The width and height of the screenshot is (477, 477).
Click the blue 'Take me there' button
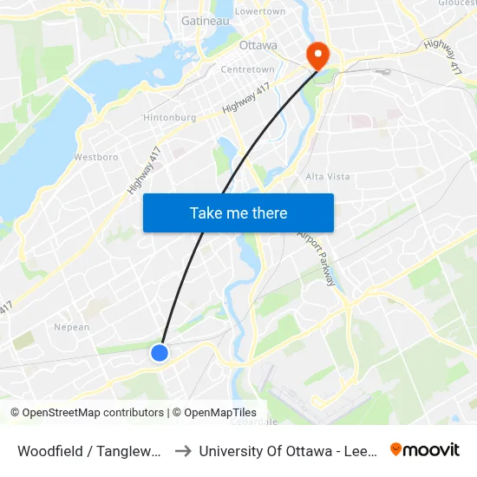coord(238,212)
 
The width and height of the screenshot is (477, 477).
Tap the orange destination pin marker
coord(318,56)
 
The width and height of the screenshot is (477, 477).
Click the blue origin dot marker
coord(160,352)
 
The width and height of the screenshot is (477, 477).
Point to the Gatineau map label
coord(205,20)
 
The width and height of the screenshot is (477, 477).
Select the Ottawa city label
coord(258,45)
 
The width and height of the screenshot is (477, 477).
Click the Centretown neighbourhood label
coord(248,69)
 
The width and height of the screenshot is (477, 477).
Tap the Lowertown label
coord(260,11)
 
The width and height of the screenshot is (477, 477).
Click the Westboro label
coord(95,157)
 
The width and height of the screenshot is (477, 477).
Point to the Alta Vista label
coord(328,176)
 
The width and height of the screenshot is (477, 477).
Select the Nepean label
coord(72,327)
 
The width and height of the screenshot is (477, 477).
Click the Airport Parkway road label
coord(317,257)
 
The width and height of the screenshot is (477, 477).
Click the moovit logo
coord(424,449)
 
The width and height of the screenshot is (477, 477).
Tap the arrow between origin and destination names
coord(183,451)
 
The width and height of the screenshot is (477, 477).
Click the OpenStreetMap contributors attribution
coord(88,413)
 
